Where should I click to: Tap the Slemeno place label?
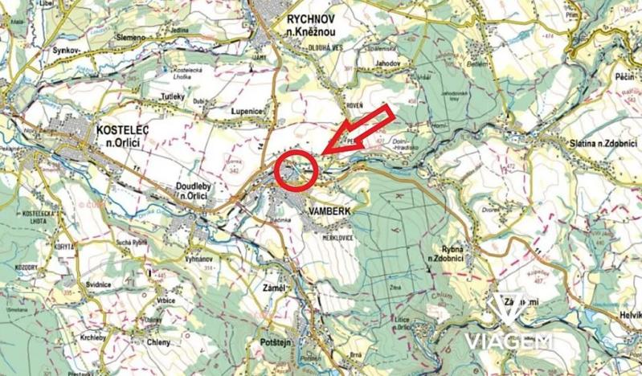coord(131,37)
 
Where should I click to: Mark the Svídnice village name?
coord(98,286)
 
